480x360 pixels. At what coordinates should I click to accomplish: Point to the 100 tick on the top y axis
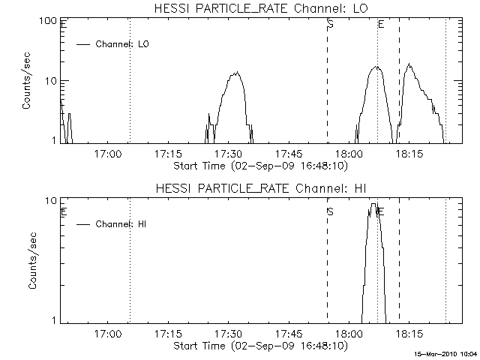pos(49,20)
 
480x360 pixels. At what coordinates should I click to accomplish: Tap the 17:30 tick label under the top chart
pos(228,154)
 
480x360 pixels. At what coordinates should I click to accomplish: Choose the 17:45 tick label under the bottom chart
pos(289,334)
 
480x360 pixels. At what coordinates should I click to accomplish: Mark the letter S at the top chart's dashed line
pos(330,25)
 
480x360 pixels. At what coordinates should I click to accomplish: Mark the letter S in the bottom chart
pos(330,211)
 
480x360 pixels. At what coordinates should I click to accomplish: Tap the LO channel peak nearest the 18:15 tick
pos(409,64)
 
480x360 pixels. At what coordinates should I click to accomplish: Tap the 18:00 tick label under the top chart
pos(349,154)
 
